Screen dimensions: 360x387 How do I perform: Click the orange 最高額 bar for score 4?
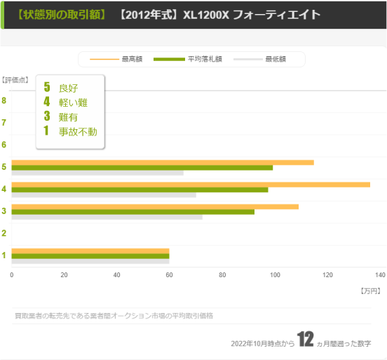tap(191, 185)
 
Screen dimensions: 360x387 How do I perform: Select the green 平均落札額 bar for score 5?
tap(142, 168)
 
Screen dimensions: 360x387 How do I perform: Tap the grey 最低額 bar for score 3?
tap(107, 217)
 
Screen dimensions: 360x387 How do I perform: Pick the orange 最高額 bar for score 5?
tap(163, 163)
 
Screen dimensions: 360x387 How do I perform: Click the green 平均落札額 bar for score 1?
tap(90, 255)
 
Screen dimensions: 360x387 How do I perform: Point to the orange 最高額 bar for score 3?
tap(155, 207)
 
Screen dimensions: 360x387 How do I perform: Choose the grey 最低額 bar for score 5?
tap(97, 173)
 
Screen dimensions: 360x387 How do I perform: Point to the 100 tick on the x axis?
tap(275, 275)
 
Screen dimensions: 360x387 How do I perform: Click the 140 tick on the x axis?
tap(381, 275)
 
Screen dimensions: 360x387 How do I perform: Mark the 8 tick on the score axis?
tap(4, 101)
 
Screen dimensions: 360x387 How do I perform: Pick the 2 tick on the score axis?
tap(4, 233)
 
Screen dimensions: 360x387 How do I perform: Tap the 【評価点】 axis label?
tap(16, 79)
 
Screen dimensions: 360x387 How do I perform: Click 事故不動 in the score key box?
tap(78, 131)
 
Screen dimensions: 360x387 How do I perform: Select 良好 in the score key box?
tap(69, 88)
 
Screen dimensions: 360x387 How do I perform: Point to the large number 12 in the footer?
tap(305, 340)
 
